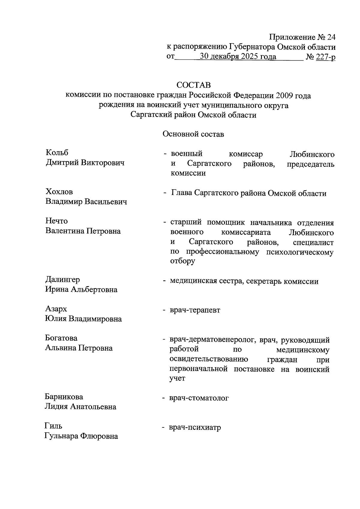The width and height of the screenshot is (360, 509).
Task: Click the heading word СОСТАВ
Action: coord(193,85)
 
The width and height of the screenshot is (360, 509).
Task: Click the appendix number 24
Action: coord(331,37)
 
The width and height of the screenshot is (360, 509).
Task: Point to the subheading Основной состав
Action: coord(193,134)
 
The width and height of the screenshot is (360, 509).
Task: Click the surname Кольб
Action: coord(57,153)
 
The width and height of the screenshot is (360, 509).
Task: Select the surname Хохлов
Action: coord(59,192)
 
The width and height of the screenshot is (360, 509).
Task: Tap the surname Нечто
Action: coord(56,221)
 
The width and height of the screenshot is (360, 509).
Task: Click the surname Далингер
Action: coord(62,280)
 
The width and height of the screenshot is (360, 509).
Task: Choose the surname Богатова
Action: coord(61,338)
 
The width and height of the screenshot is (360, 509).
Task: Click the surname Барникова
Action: coord(64,397)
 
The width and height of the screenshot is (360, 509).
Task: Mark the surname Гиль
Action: coord(53,426)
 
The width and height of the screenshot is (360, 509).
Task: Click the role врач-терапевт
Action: coord(195,310)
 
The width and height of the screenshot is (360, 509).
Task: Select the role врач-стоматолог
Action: coord(199,398)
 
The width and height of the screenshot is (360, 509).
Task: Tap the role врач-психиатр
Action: coord(195,427)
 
